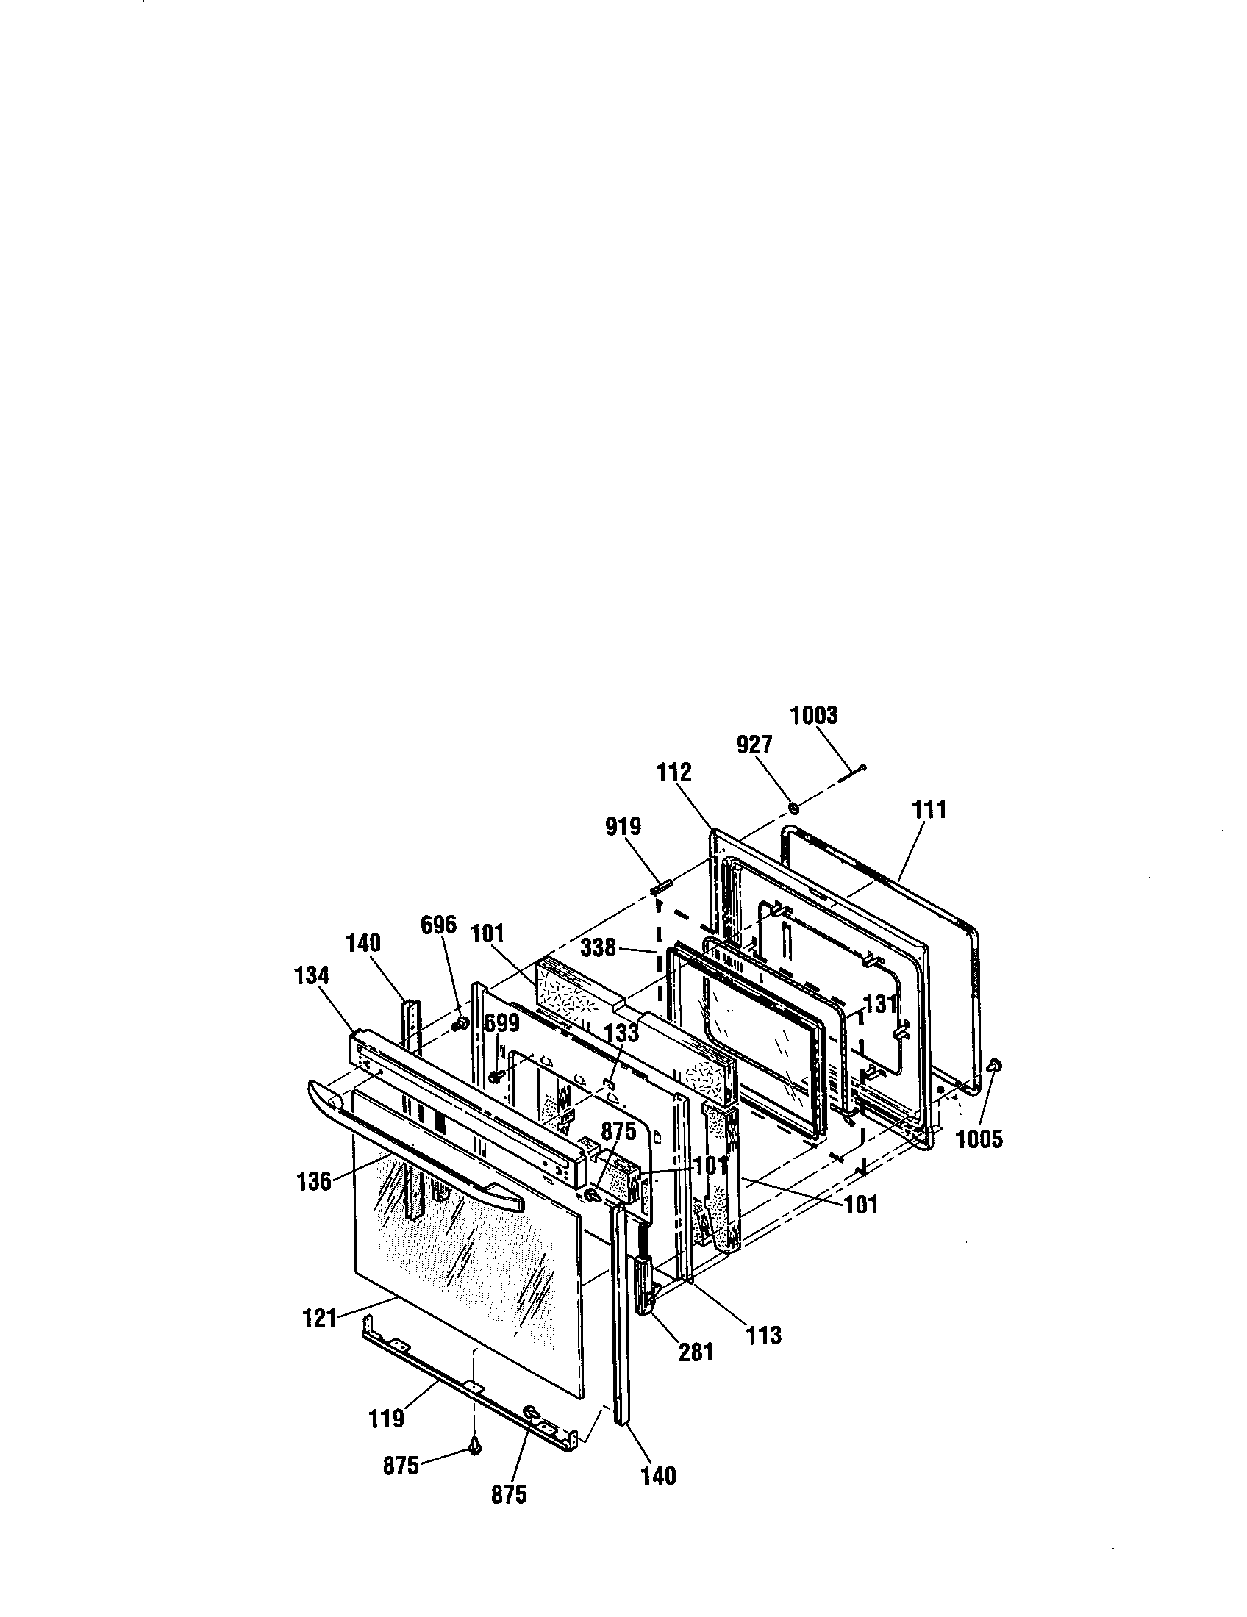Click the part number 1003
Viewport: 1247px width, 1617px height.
point(813,715)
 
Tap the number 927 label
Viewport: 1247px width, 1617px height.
point(754,745)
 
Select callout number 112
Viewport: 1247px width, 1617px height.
point(673,773)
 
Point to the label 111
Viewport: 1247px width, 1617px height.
point(929,809)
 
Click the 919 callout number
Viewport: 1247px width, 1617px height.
point(623,826)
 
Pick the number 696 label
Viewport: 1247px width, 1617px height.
point(438,925)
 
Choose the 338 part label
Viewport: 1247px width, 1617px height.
point(599,947)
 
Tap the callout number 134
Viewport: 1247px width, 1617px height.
point(311,975)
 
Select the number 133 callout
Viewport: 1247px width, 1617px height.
point(621,1033)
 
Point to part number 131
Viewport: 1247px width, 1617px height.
point(880,1005)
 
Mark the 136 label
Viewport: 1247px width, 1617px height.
point(314,1181)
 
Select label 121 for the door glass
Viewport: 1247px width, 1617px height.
point(320,1318)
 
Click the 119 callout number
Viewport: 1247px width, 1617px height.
point(386,1419)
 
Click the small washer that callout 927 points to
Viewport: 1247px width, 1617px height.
point(791,806)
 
